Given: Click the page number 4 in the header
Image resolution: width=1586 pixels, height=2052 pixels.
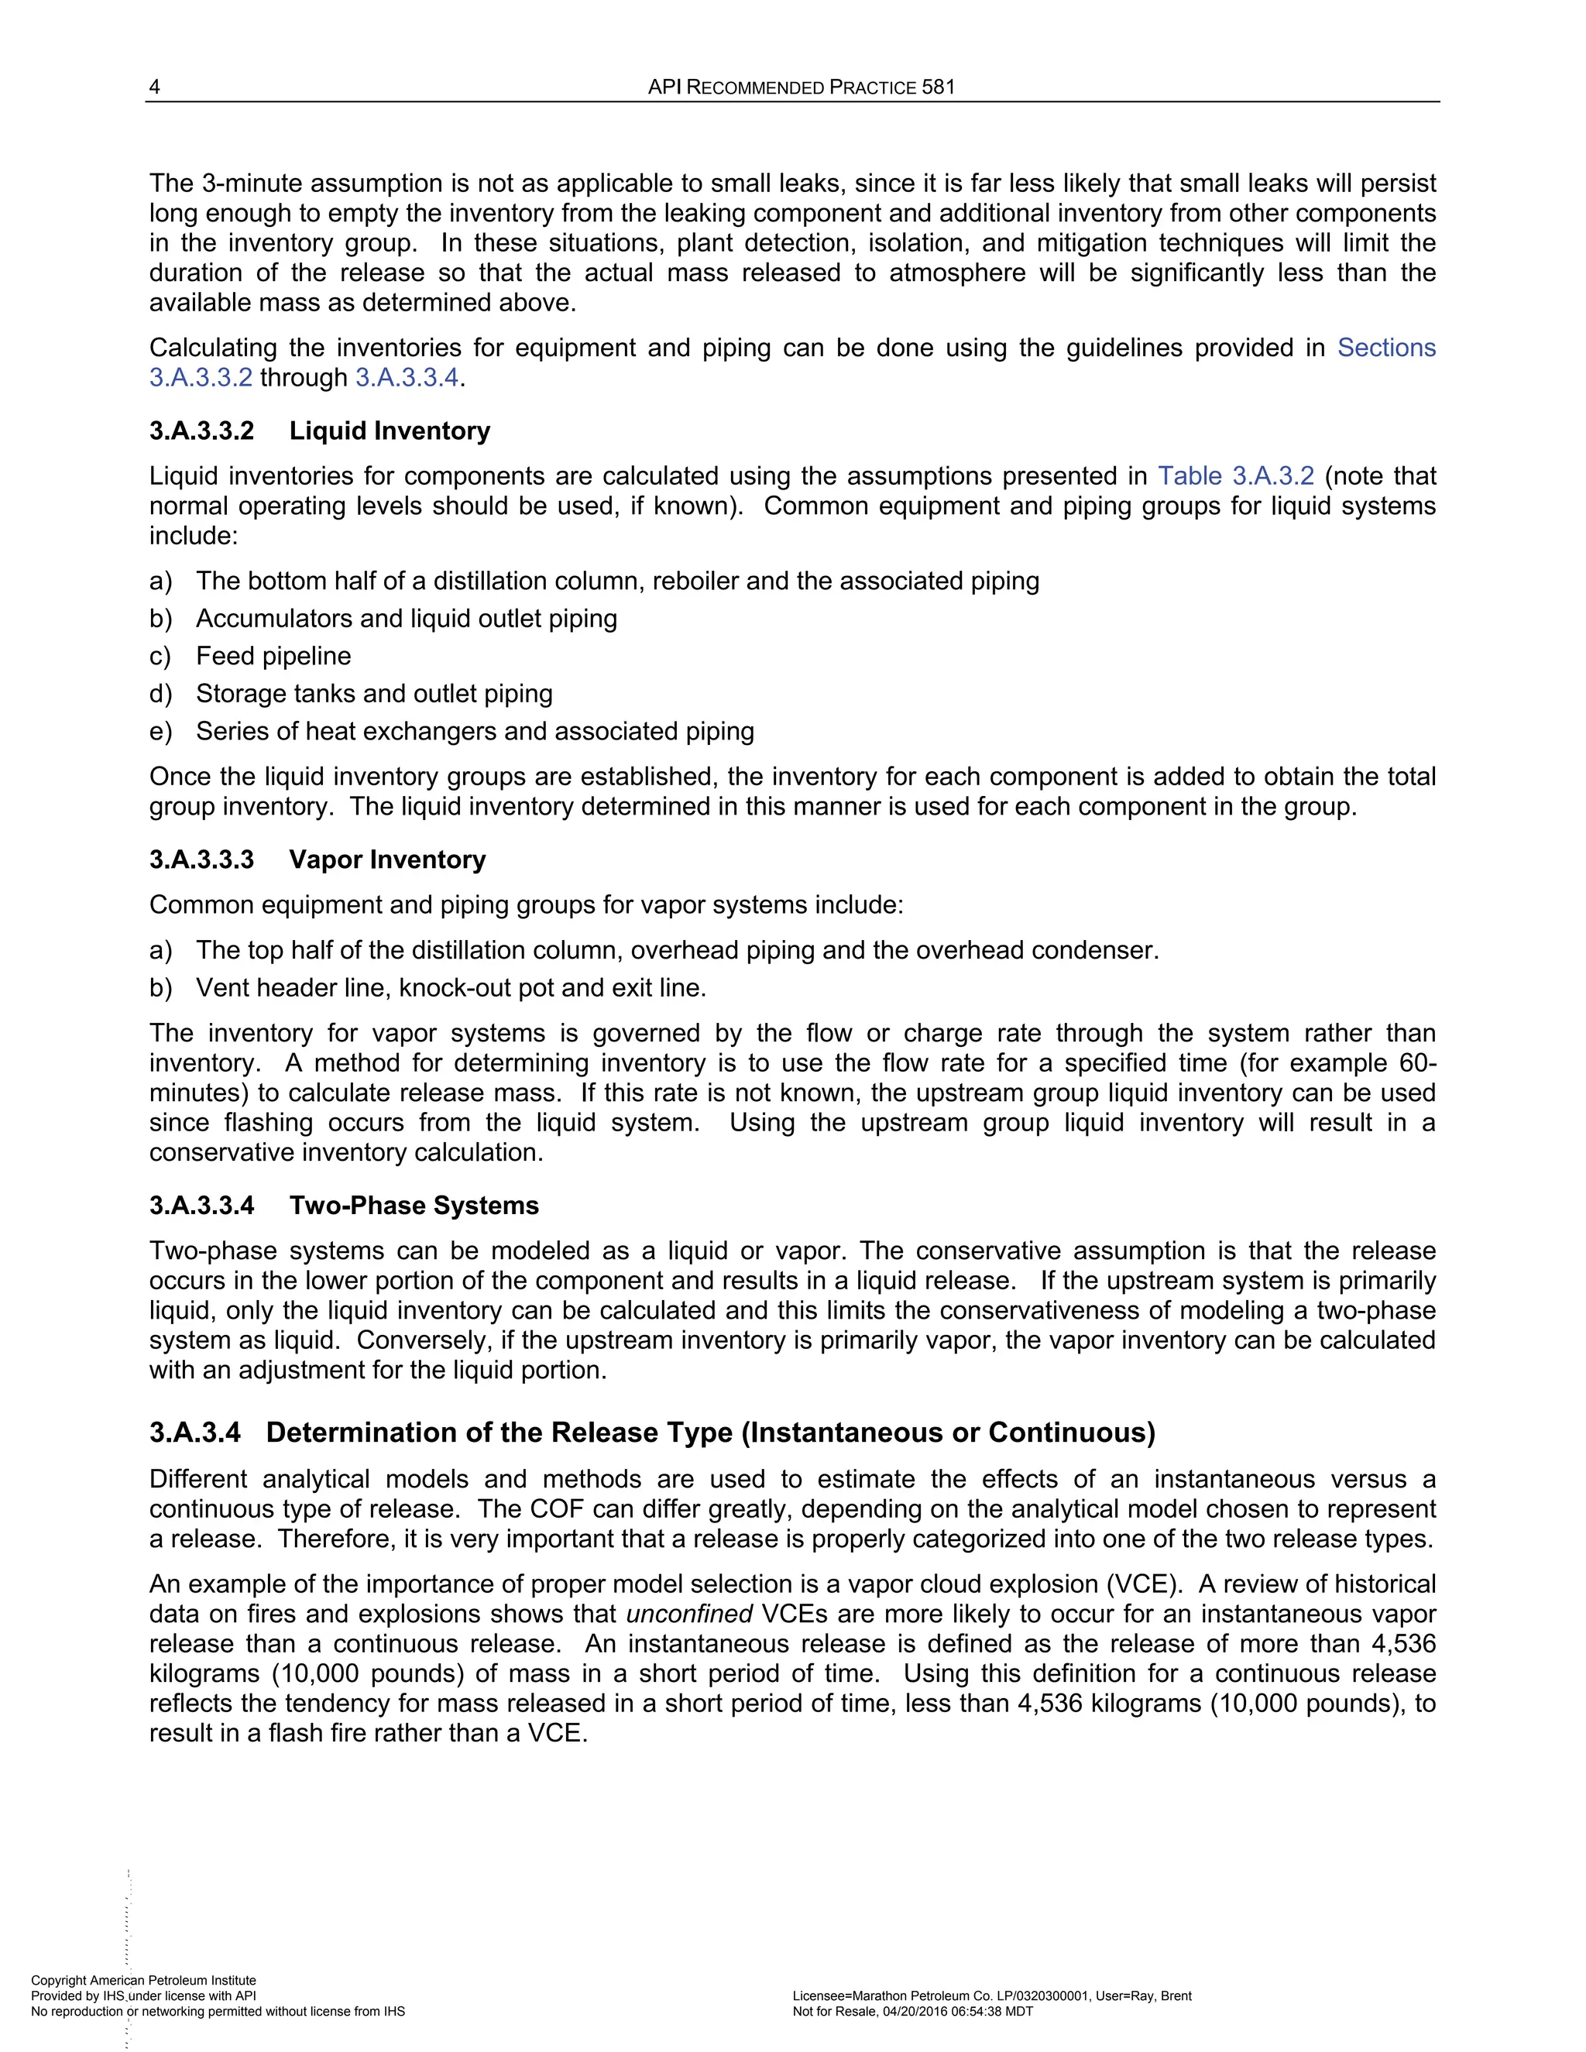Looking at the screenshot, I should [x=155, y=88].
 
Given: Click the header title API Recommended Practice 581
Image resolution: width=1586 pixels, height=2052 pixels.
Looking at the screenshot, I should [x=802, y=88].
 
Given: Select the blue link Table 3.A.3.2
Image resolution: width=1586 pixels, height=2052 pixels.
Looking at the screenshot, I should [x=1235, y=475].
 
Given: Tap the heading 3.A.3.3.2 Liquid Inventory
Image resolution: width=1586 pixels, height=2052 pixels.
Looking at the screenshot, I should [x=320, y=431].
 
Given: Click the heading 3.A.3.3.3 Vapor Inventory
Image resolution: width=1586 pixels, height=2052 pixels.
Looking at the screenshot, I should [x=318, y=859].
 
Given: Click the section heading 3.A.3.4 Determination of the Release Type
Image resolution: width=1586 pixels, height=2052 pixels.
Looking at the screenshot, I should [x=652, y=1432].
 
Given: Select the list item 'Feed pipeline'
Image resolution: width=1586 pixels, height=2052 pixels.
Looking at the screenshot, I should [x=273, y=656].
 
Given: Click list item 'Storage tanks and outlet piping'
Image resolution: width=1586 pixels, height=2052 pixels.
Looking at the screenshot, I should [x=374, y=693].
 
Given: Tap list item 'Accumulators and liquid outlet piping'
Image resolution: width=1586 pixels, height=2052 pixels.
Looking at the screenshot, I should [x=406, y=618].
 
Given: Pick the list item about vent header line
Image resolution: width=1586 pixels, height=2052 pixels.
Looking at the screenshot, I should [x=450, y=987].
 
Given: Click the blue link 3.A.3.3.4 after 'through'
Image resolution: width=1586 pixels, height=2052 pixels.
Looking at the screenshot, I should [x=407, y=378].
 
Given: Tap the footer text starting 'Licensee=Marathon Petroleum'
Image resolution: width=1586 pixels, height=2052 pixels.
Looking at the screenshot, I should [x=991, y=1995].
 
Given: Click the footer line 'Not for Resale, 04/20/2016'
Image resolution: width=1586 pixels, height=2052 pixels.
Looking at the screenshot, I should [x=912, y=2012].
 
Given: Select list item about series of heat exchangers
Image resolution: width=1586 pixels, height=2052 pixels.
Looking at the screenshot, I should [x=475, y=731].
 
